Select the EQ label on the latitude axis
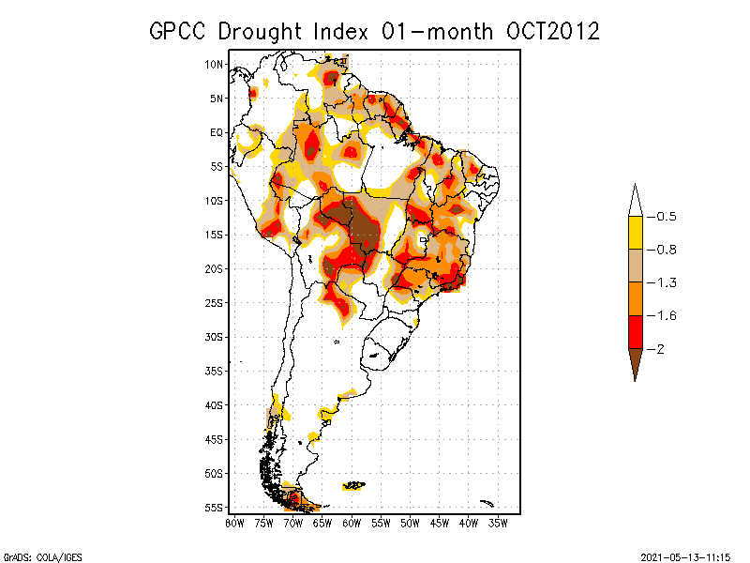pyautogui.click(x=217, y=132)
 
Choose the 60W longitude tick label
pyautogui.click(x=352, y=523)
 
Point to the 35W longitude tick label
pyautogui.click(x=498, y=523)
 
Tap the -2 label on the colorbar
pyautogui.click(x=658, y=348)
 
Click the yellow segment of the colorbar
pyautogui.click(x=635, y=233)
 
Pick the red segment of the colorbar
pyautogui.click(x=635, y=331)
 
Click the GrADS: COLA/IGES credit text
pyautogui.click(x=35, y=555)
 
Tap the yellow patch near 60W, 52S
pyautogui.click(x=354, y=485)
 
